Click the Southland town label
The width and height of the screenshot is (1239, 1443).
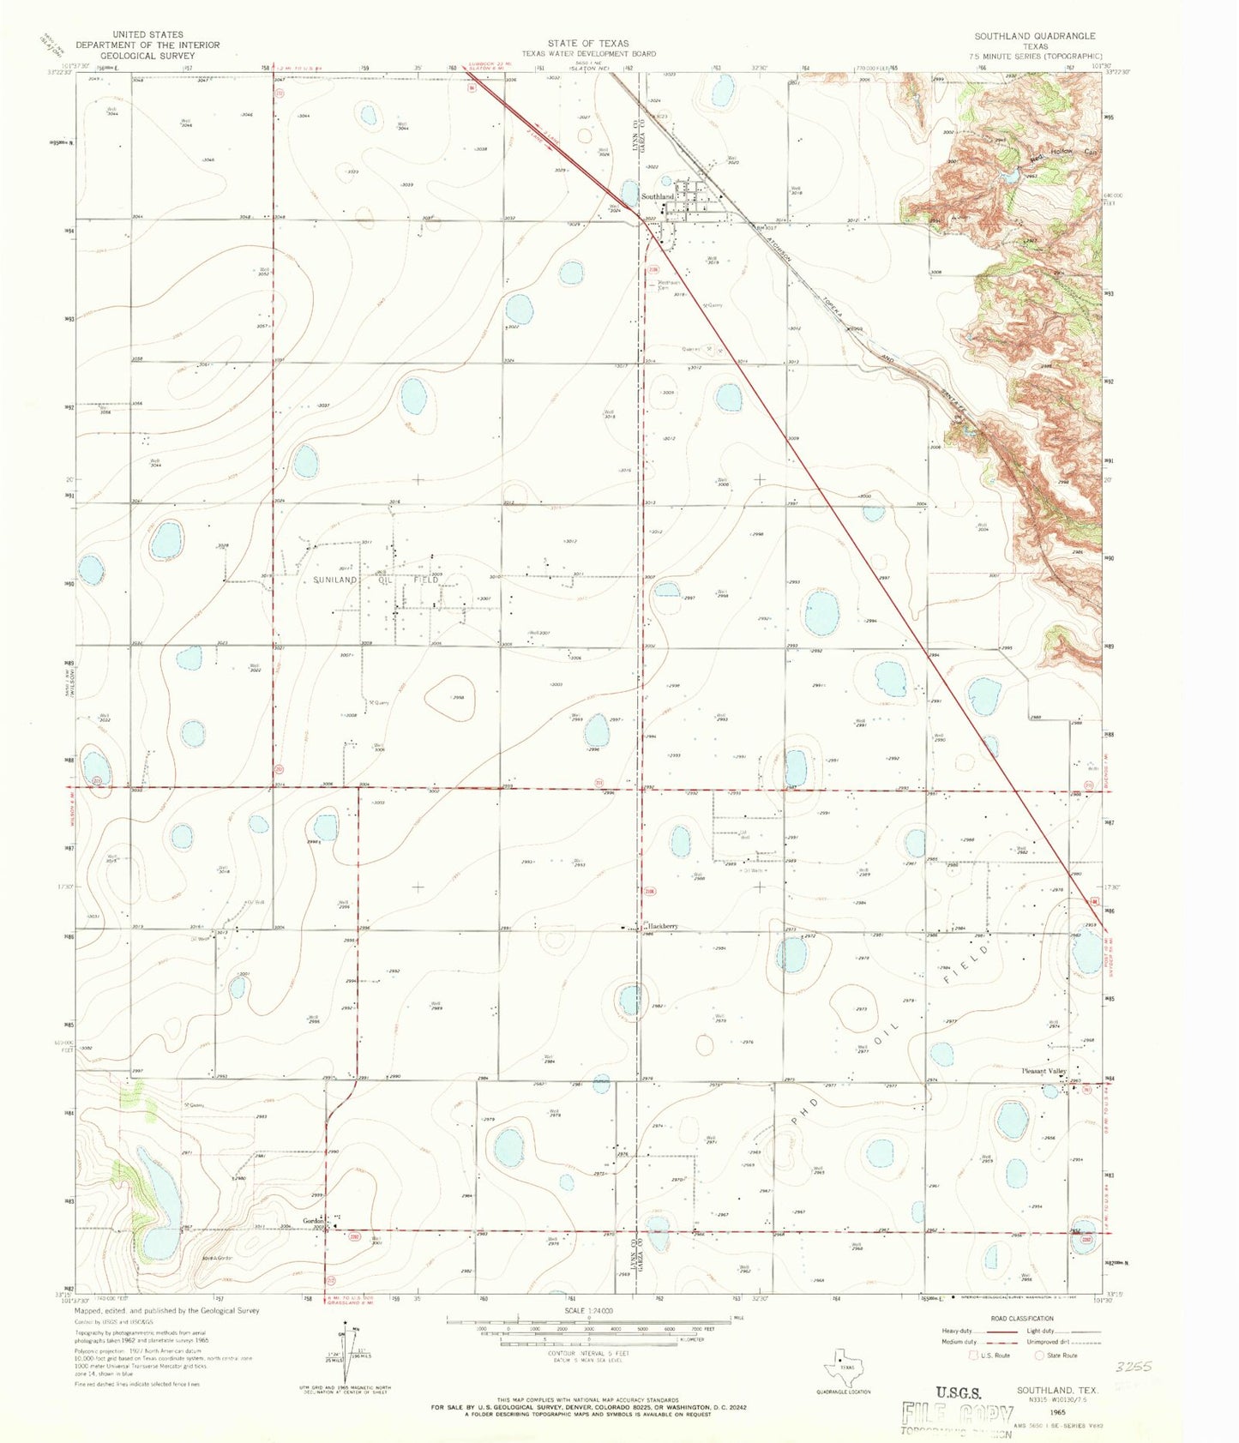(658, 197)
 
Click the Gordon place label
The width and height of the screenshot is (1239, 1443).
(313, 1221)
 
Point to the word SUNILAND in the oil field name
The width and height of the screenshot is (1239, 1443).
(334, 580)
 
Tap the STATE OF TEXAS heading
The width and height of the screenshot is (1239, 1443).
(588, 43)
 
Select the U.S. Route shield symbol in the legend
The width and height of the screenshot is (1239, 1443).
(973, 1356)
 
